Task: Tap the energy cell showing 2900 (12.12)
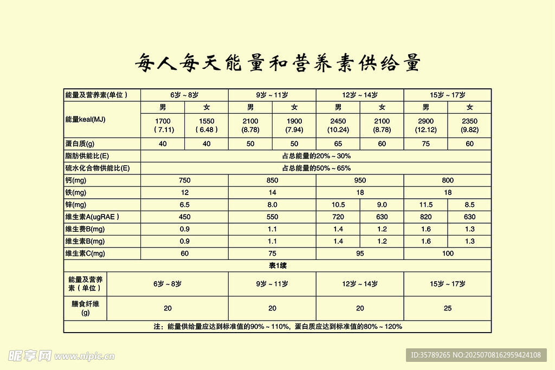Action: coord(425,125)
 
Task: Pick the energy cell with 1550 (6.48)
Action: coord(206,125)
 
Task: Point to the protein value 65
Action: coord(338,144)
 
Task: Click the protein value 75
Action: coord(425,144)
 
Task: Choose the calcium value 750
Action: coord(184,180)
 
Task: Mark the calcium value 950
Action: coord(360,180)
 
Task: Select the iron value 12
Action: coord(184,192)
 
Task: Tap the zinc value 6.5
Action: coord(184,205)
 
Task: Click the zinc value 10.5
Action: coord(338,205)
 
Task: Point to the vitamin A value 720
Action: coord(338,217)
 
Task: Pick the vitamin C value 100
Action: coord(448,254)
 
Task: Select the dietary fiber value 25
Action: coord(448,308)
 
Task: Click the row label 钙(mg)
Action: coord(75,180)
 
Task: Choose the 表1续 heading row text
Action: coord(277,265)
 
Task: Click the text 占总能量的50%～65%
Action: coord(316,168)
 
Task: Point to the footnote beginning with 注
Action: coord(277,327)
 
